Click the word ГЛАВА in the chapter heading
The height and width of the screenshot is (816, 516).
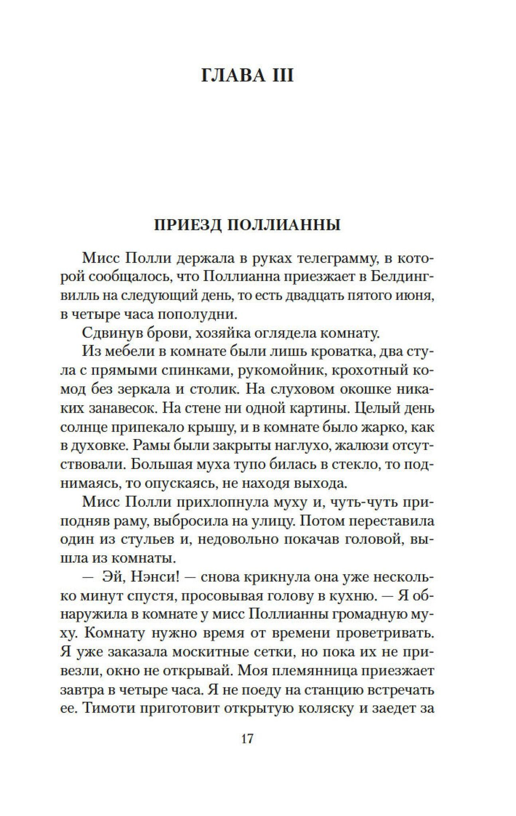coord(230,76)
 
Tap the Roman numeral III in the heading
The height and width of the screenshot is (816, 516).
coord(280,76)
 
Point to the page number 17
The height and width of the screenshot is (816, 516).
coord(247,739)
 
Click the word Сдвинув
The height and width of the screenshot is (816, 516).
coord(108,333)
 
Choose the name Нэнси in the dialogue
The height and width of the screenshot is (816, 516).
coord(155,576)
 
